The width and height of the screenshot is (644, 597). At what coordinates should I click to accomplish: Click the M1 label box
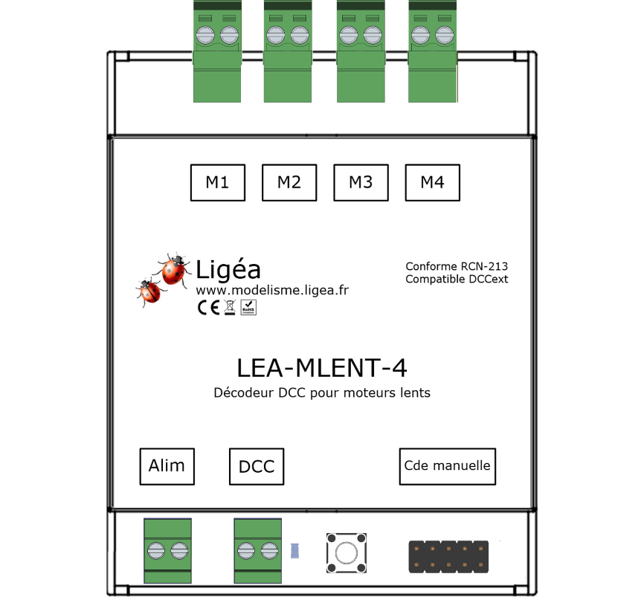pyautogui.click(x=217, y=182)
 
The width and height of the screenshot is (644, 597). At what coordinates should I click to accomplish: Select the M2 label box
pyautogui.click(x=289, y=182)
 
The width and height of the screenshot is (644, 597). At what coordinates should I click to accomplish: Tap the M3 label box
pyautogui.click(x=361, y=182)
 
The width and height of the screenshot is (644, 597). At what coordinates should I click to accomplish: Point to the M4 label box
pyautogui.click(x=432, y=182)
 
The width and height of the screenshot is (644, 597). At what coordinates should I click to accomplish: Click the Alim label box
pyautogui.click(x=167, y=466)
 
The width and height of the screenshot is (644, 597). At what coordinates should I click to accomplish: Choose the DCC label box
pyautogui.click(x=257, y=467)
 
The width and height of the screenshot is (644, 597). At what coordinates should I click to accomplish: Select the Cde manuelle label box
pyautogui.click(x=447, y=466)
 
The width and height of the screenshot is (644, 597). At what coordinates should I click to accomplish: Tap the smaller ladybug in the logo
pyautogui.click(x=149, y=291)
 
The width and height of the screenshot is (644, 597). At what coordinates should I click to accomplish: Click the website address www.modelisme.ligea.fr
pyautogui.click(x=271, y=291)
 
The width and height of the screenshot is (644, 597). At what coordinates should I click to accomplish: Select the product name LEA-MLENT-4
pyautogui.click(x=321, y=367)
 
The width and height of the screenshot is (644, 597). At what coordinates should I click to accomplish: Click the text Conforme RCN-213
pyautogui.click(x=457, y=266)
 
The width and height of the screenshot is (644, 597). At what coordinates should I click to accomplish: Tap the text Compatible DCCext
pyautogui.click(x=457, y=280)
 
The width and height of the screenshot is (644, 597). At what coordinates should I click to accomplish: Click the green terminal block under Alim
pyautogui.click(x=167, y=551)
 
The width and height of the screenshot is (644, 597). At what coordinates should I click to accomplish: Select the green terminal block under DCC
pyautogui.click(x=257, y=551)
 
